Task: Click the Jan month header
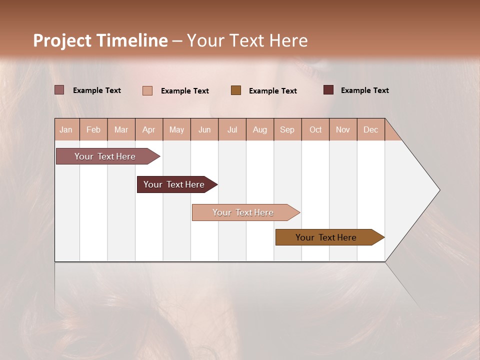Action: pos(66,129)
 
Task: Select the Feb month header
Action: pos(93,129)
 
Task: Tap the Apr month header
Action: pos(148,129)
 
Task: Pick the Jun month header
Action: pos(204,129)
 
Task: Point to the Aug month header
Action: pos(259,129)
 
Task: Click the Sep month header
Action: pos(287,129)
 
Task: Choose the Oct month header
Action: pos(315,129)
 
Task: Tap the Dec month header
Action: pos(370,129)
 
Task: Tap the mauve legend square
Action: pos(59,90)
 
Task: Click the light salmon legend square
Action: pos(147,90)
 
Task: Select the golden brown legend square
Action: pos(235,90)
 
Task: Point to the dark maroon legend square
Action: pos(328,90)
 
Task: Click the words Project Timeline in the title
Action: pos(100,40)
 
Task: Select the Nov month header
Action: pos(342,129)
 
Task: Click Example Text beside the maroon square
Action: pos(364,90)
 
